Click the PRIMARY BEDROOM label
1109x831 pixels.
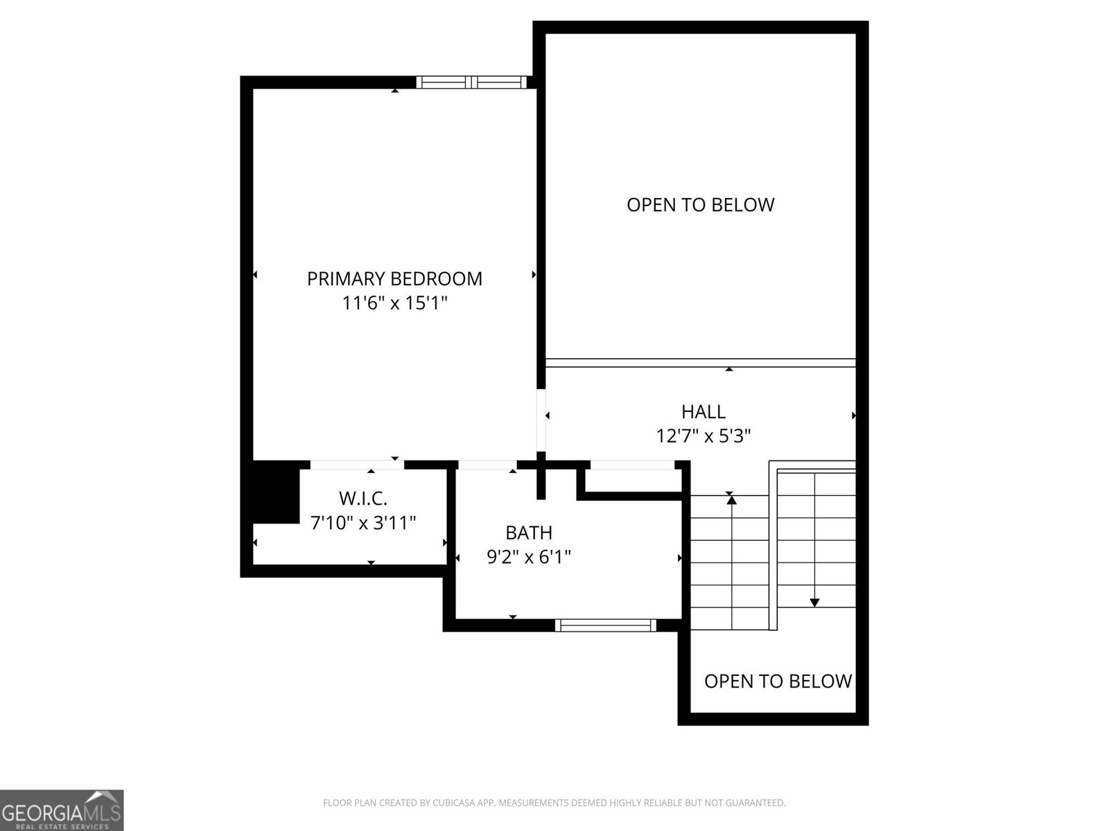tap(394, 278)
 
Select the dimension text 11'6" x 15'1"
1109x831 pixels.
tap(394, 303)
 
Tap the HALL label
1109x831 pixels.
tap(704, 411)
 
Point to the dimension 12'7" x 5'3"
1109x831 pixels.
tap(704, 436)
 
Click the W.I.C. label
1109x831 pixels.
tap(363, 498)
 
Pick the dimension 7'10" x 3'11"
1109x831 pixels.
tap(363, 522)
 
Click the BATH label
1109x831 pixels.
tap(529, 533)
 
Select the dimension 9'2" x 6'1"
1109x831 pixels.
tap(529, 557)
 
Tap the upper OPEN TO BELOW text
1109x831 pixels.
tap(700, 204)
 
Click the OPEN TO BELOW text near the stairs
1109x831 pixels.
tap(778, 681)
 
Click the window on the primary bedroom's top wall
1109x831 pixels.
tap(471, 82)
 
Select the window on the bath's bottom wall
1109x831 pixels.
tap(606, 625)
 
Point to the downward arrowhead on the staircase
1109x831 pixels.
tap(814, 602)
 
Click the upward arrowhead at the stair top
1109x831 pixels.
tap(731, 499)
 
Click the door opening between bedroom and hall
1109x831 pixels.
tap(542, 420)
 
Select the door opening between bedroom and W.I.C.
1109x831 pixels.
tap(357, 465)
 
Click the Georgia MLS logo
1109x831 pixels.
tap(62, 810)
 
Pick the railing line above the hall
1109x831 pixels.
tap(700, 362)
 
